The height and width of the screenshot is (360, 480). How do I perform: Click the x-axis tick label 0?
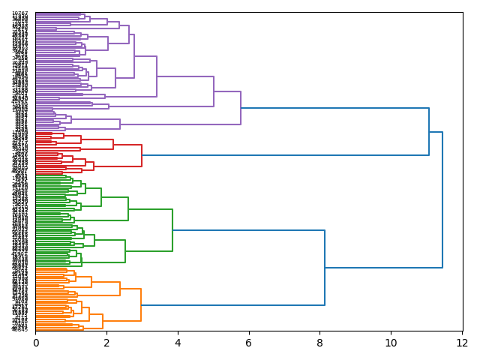click(x=35, y=343)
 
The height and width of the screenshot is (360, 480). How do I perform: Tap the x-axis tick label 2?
click(x=106, y=343)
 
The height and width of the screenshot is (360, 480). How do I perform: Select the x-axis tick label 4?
click(x=178, y=343)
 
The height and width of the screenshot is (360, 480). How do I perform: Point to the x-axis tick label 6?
click(x=249, y=343)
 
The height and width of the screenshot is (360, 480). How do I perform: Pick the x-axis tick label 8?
click(x=320, y=343)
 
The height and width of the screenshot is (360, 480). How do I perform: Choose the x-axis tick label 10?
click(x=391, y=343)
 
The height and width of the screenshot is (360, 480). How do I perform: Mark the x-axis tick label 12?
click(x=462, y=343)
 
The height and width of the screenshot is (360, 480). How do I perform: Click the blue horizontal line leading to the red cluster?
click(x=285, y=155)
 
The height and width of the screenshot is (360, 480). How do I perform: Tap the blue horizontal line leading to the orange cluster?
click(x=232, y=305)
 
